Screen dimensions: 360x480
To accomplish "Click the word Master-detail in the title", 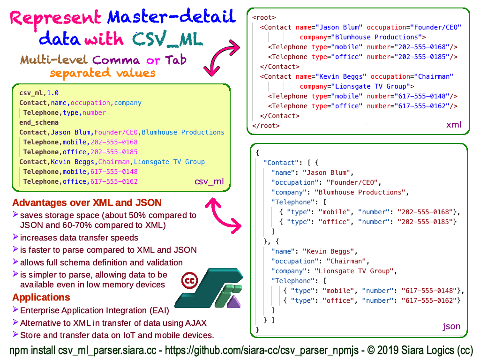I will tap(171, 18).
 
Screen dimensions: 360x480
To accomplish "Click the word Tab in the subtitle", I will tap(175, 60).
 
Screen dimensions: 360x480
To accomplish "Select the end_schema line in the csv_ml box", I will tap(39, 122).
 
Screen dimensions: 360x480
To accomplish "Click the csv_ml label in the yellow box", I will tap(209, 181).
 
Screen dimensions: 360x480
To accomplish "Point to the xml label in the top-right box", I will tap(453, 125).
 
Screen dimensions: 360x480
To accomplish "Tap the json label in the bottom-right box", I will tap(451, 326).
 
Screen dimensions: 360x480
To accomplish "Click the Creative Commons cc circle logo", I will tap(190, 280).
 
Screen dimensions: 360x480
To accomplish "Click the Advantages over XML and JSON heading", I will tap(87, 203).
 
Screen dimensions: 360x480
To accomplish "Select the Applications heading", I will tap(41, 298).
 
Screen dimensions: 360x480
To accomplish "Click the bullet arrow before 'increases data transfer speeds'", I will tap(16, 237).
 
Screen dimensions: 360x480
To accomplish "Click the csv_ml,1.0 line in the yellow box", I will tap(39, 93).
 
